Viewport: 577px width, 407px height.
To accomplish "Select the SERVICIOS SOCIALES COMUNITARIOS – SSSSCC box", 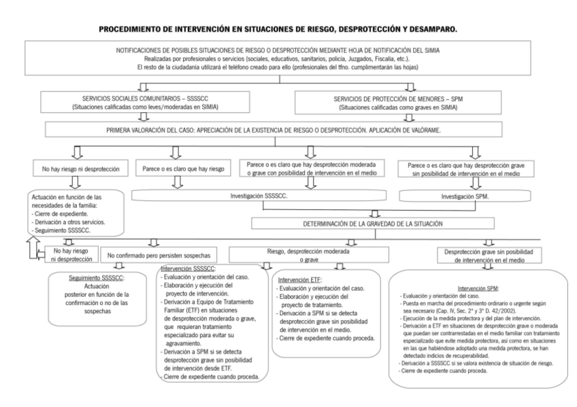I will click(137, 103).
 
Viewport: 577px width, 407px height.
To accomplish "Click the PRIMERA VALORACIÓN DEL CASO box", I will click(289, 128).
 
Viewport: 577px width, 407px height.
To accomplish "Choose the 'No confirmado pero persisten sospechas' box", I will click(159, 256).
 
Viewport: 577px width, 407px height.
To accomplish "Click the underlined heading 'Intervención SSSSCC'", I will click(183, 270).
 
